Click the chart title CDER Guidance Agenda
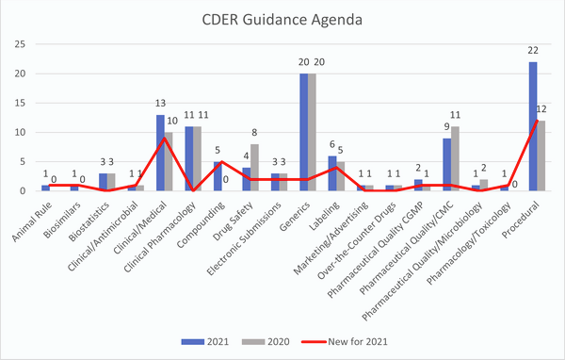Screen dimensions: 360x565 282,20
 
